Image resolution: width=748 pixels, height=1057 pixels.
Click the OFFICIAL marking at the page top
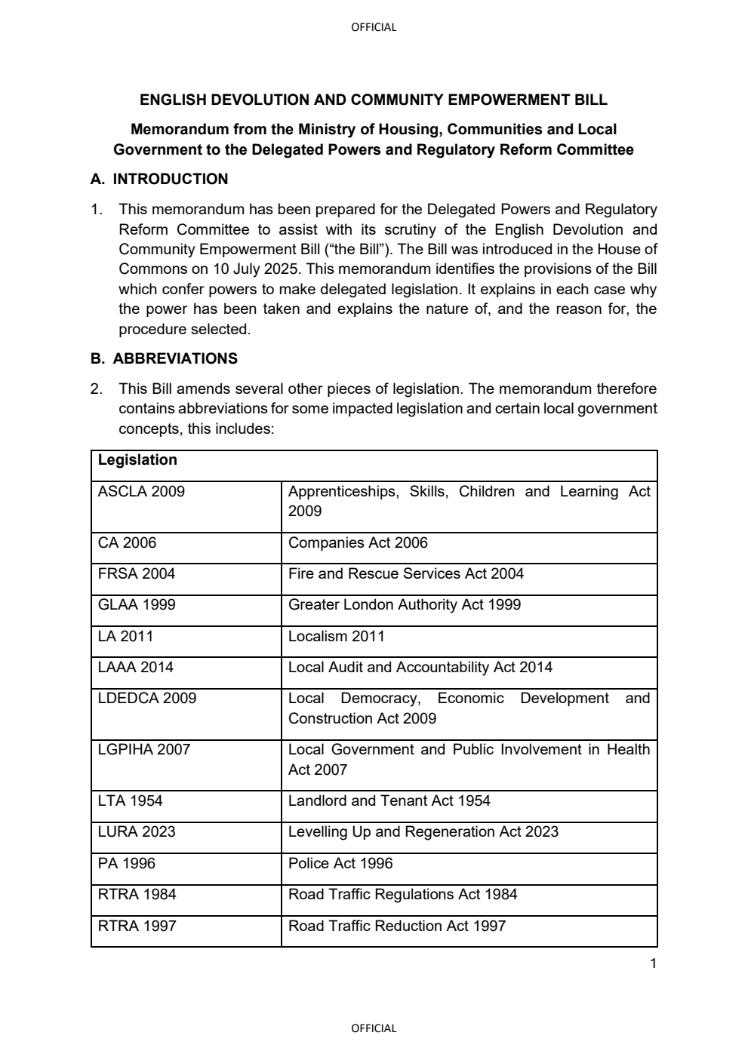tap(374, 27)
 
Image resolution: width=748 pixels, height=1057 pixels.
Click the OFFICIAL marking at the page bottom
tap(374, 1028)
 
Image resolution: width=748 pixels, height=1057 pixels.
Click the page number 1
tap(653, 963)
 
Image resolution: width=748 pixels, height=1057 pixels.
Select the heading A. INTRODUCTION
tap(159, 179)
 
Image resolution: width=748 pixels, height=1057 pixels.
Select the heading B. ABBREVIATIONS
tap(164, 358)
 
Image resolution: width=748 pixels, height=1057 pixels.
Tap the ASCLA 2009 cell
tap(141, 492)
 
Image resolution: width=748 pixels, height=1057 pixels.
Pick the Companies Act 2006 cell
tap(358, 542)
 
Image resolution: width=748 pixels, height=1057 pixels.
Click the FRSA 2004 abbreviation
tap(137, 573)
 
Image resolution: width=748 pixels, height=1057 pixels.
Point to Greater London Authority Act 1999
tap(405, 604)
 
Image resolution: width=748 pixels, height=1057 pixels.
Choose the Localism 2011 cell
tap(337, 636)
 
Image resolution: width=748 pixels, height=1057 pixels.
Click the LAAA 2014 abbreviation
tap(136, 667)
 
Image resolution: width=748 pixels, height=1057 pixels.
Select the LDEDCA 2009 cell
tap(147, 698)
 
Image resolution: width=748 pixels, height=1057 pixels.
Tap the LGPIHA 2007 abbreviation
tap(144, 749)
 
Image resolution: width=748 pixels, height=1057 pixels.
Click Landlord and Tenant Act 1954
tap(389, 800)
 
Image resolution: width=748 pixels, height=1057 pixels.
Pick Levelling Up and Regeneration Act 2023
tap(423, 831)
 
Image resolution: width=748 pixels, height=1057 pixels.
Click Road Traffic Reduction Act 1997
tap(397, 926)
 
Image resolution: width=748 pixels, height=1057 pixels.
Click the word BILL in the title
tap(590, 100)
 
